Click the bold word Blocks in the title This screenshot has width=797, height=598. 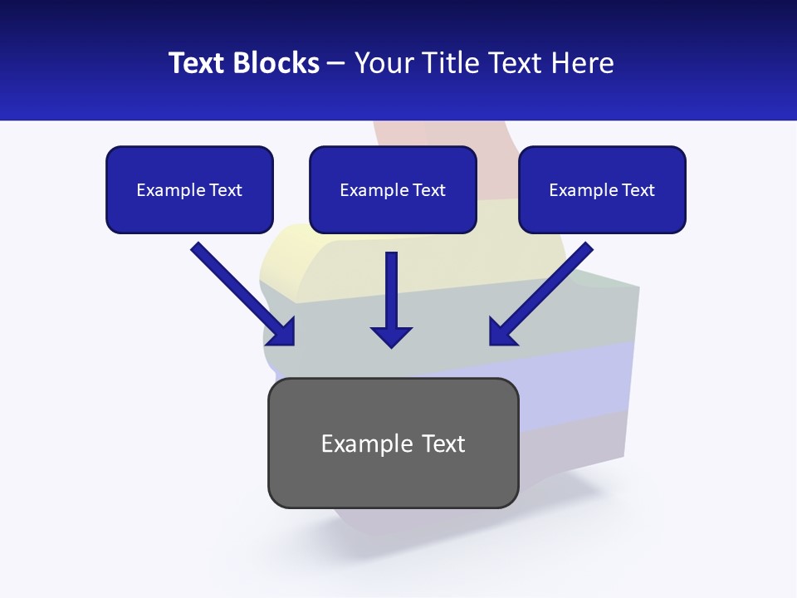coord(277,63)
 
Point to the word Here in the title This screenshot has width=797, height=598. coord(580,63)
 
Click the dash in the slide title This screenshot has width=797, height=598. coord(336,64)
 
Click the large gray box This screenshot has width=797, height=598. coord(393,482)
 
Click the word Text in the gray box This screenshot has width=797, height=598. coord(444,444)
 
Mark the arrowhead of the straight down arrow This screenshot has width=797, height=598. coord(391,336)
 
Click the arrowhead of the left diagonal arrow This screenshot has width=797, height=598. coord(282,333)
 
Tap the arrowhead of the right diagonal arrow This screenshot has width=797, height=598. coord(502,332)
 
